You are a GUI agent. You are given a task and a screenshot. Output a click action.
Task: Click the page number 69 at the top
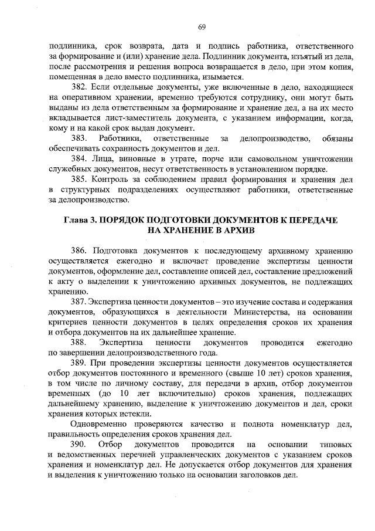(x=200, y=26)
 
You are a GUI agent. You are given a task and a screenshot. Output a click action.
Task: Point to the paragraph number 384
(x=79, y=159)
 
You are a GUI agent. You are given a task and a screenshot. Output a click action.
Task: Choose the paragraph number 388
(x=79, y=341)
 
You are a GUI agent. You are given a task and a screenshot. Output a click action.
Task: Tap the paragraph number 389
(x=79, y=363)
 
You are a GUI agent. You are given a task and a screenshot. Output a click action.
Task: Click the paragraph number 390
(x=79, y=444)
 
